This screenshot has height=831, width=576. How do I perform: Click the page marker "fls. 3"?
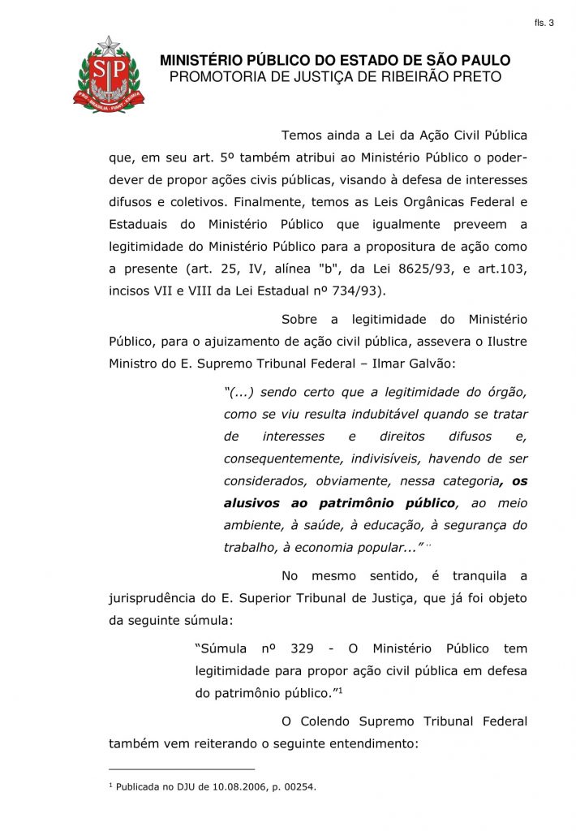(x=544, y=23)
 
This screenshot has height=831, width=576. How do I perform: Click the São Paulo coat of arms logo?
(x=109, y=75)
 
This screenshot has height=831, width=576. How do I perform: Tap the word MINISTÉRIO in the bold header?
(x=200, y=61)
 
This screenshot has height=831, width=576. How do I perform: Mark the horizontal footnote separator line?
(x=182, y=769)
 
